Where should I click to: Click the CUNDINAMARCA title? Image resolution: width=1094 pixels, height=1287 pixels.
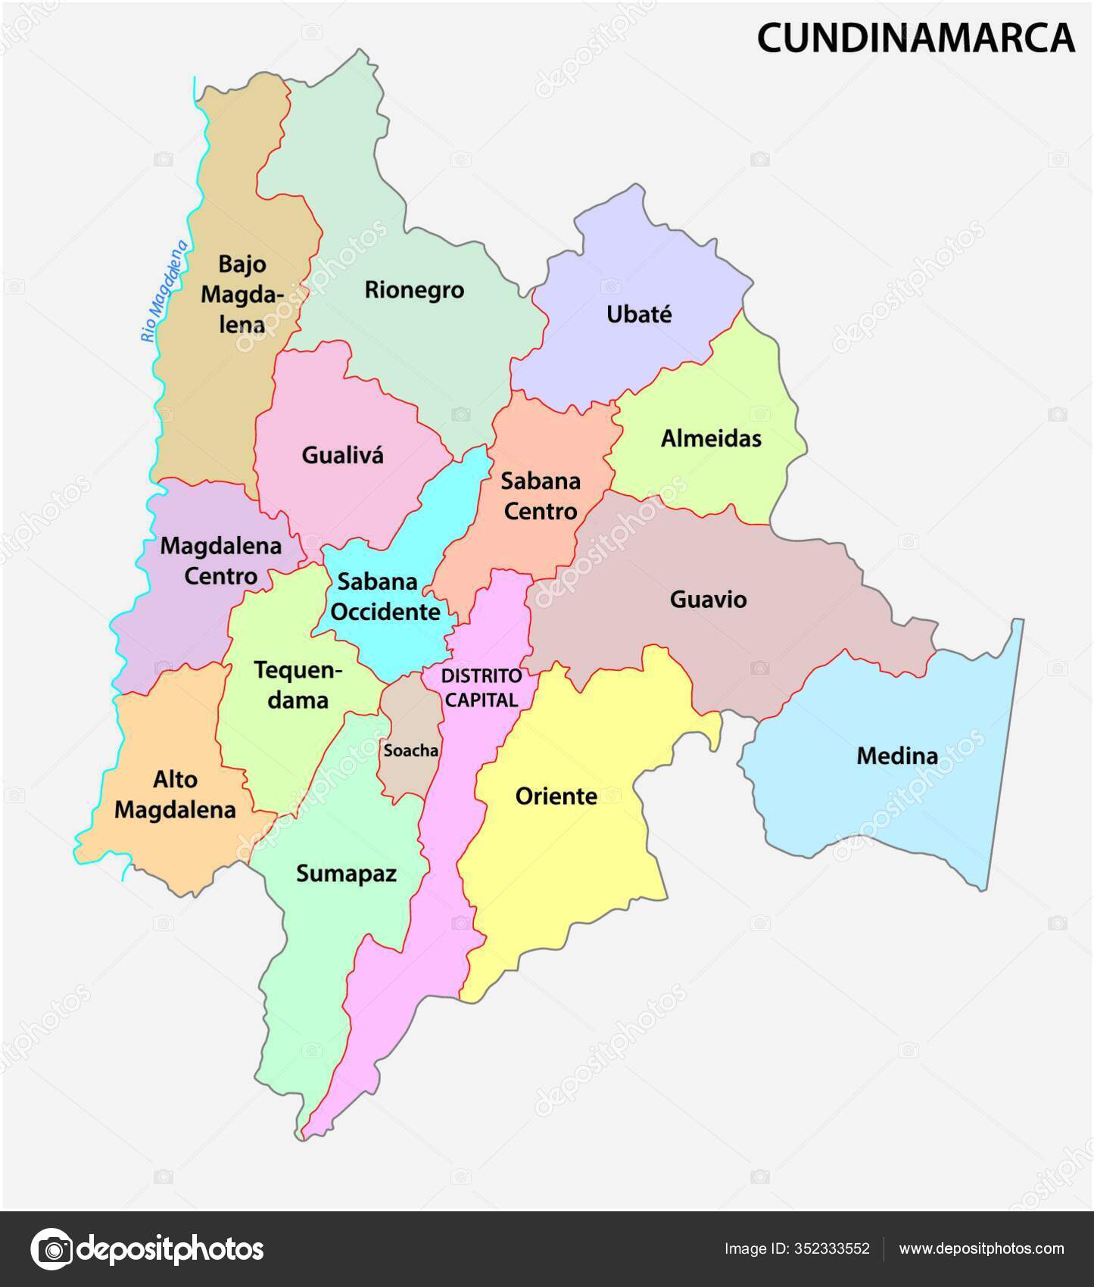coord(915,38)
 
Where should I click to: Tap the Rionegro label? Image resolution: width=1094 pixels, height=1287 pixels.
coord(414,290)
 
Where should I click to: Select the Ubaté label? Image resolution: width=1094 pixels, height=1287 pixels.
coord(639,315)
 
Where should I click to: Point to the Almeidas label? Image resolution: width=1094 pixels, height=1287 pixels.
coord(711,438)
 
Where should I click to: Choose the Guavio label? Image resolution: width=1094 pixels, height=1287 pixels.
coord(708,600)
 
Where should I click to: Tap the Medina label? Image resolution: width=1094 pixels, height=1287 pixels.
coord(897,756)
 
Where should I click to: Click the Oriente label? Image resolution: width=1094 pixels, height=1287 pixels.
coord(556,796)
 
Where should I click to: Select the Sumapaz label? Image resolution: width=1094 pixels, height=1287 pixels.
coord(346,874)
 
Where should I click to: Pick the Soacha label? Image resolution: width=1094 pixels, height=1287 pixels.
coord(411,750)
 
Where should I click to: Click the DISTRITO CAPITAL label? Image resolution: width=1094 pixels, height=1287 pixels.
coord(482,687)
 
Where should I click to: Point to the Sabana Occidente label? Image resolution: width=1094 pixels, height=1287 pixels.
coord(385,597)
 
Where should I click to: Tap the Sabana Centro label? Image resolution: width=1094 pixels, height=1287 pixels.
coord(541,496)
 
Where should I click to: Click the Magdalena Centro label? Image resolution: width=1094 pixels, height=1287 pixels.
coord(221,561)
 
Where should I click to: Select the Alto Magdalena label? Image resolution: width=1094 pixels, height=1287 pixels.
coord(175,795)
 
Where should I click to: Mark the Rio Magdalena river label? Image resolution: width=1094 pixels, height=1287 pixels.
coord(164,291)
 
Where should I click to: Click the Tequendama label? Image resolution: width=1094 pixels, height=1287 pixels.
coord(298,685)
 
